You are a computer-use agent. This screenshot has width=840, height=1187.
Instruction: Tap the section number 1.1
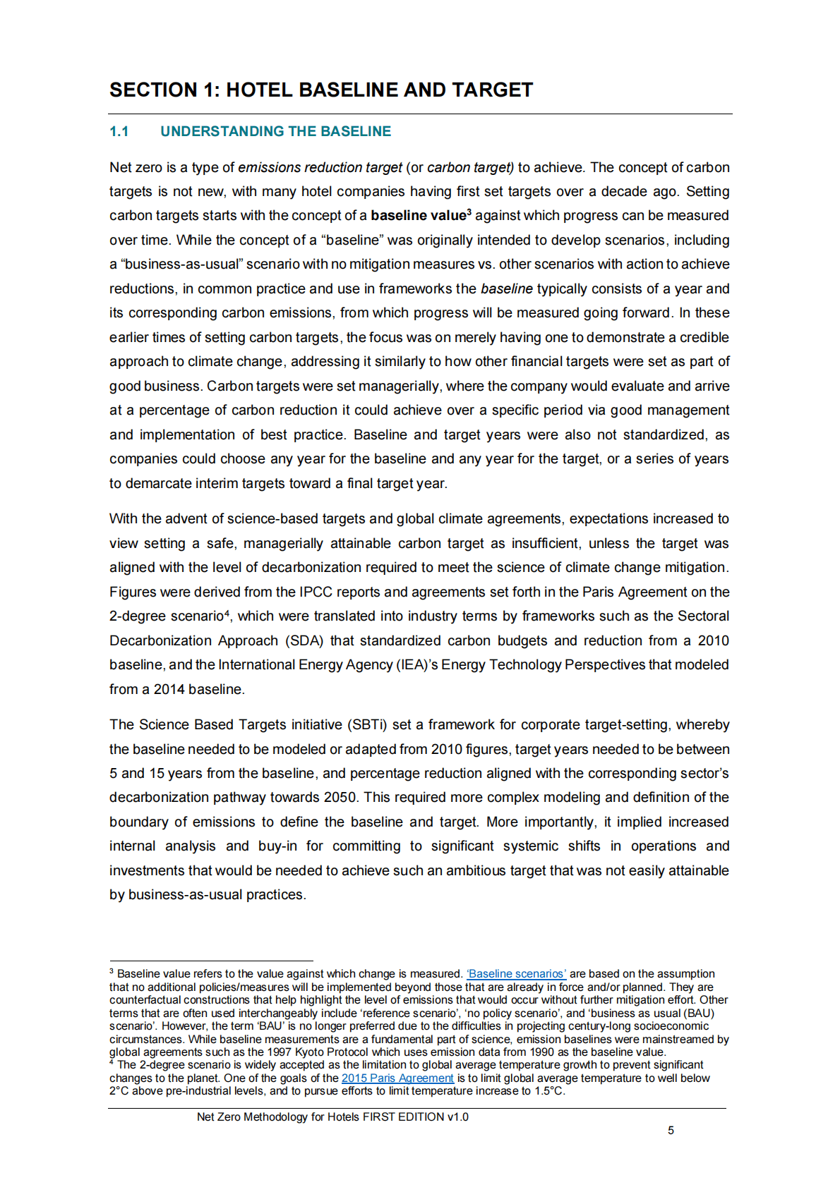(x=119, y=132)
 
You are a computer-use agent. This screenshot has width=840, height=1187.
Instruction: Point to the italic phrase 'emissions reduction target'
(x=320, y=168)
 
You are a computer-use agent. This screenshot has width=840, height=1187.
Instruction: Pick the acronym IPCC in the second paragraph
(x=316, y=592)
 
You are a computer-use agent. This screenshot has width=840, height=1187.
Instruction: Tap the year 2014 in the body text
(x=169, y=690)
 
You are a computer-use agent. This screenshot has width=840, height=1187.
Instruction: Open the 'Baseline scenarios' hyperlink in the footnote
(x=516, y=974)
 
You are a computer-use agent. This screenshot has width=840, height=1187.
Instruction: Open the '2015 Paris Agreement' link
(x=397, y=1078)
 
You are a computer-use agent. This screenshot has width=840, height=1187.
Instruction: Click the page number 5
(x=671, y=1131)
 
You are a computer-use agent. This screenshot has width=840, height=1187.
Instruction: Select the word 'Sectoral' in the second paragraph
(x=703, y=616)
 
